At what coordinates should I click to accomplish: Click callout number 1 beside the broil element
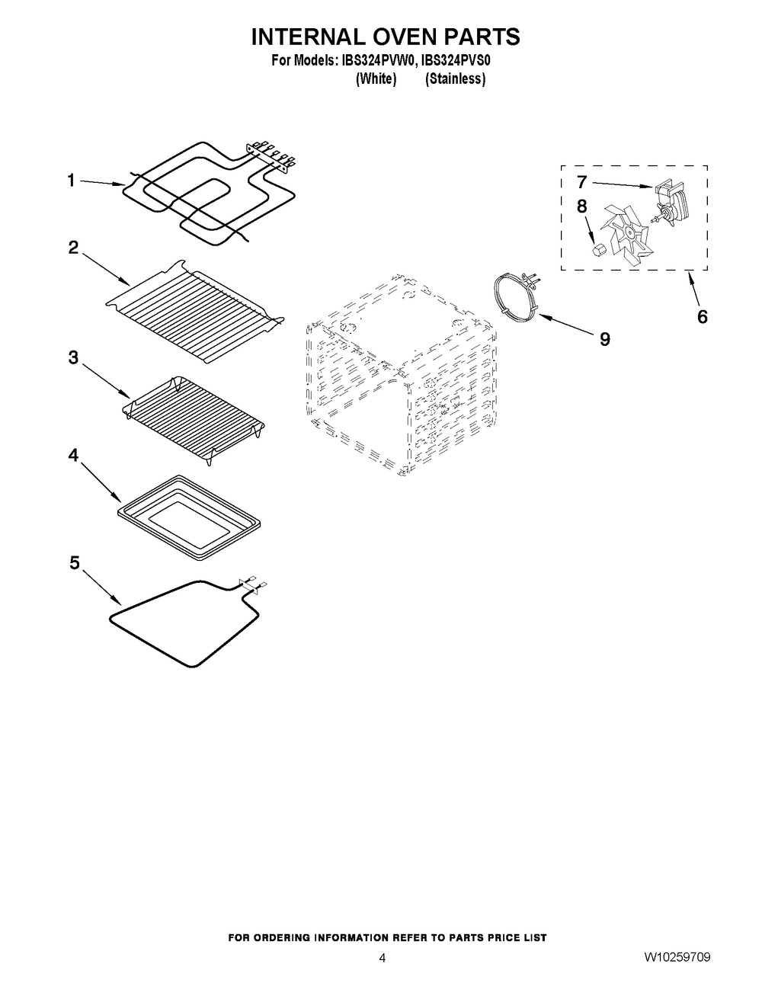[x=71, y=181]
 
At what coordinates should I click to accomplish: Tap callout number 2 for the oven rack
[x=73, y=248]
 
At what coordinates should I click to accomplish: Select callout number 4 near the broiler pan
[x=73, y=455]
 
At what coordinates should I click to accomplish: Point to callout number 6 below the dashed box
[x=702, y=317]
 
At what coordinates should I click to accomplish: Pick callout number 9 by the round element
[x=604, y=339]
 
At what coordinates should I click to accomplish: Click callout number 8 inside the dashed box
[x=582, y=206]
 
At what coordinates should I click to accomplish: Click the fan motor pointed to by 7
[x=669, y=203]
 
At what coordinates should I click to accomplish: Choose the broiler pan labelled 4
[x=189, y=517]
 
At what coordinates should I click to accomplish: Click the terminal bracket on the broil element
[x=271, y=156]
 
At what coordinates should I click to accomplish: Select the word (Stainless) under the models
[x=456, y=79]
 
